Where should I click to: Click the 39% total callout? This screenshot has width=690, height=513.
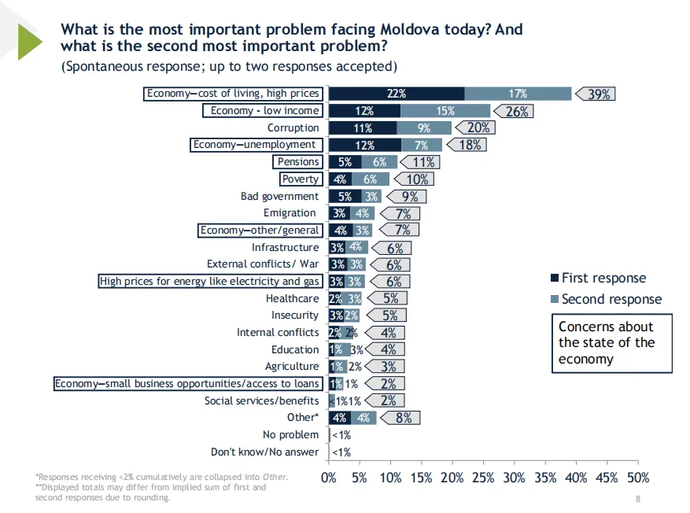tap(600, 94)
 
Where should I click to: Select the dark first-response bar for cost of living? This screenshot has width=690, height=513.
tap(396, 94)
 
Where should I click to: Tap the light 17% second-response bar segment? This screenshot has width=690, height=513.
tap(518, 94)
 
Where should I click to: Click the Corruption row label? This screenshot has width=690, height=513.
tap(293, 127)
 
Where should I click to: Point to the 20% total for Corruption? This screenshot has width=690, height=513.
tap(478, 127)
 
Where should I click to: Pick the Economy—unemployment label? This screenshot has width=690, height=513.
tap(256, 145)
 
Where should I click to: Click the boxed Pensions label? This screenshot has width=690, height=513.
tap(298, 162)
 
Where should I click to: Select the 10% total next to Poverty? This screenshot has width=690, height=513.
tap(417, 179)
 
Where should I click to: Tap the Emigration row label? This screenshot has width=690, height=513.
tap(291, 213)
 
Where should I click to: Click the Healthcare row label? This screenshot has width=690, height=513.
tap(292, 298)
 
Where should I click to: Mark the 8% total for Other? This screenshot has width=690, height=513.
tap(404, 418)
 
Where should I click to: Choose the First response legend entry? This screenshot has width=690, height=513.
tap(602, 279)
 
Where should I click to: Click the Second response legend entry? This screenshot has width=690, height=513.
tap(610, 299)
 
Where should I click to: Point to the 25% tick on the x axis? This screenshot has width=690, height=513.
tap(483, 478)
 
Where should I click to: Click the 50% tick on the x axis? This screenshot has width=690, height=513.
tap(637, 478)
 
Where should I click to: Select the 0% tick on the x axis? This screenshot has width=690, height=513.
tap(329, 478)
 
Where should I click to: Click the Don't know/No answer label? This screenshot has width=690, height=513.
tap(264, 452)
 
